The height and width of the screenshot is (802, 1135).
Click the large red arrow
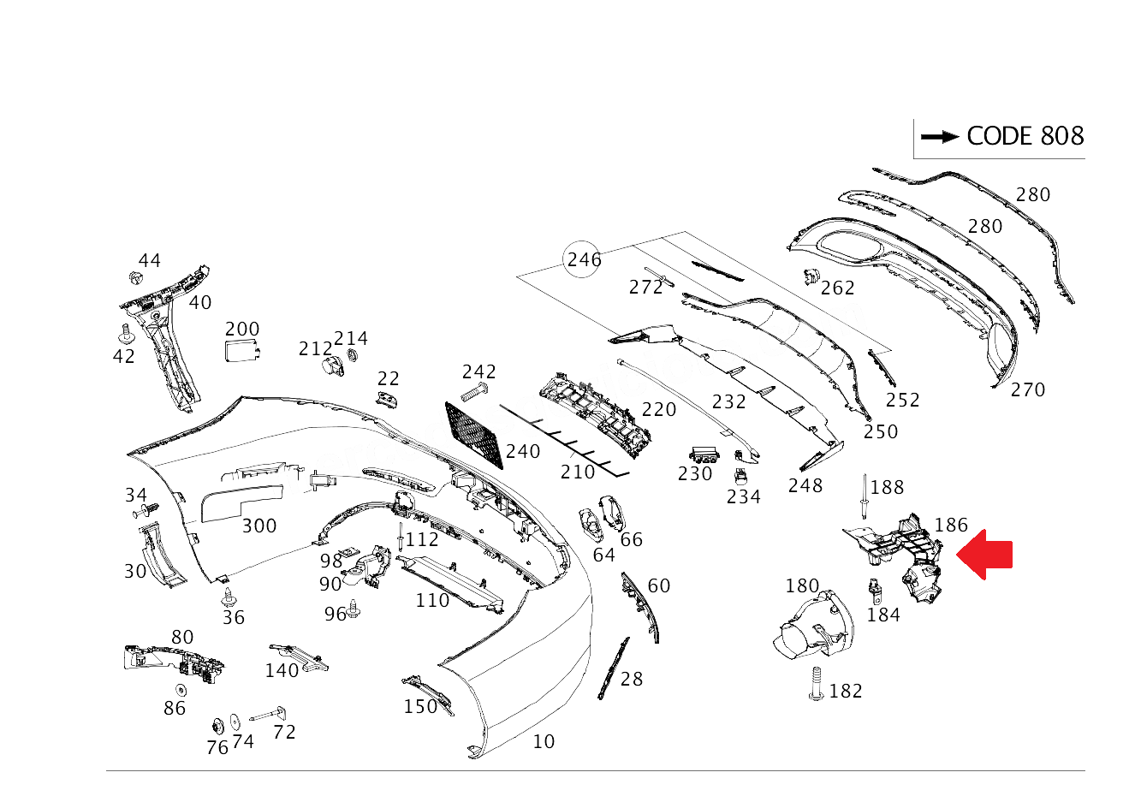pyautogui.click(x=986, y=554)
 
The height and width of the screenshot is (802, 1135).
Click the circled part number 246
pyautogui.click(x=584, y=259)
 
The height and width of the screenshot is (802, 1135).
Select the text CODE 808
pyautogui.click(x=1025, y=136)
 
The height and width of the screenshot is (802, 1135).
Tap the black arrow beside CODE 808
pyautogui.click(x=939, y=136)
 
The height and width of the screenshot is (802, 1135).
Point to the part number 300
pyautogui.click(x=258, y=526)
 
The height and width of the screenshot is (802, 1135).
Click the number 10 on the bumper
pyautogui.click(x=544, y=741)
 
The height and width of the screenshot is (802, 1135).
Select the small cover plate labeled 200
pyautogui.click(x=241, y=351)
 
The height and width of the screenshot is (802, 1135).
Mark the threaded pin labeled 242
pyautogui.click(x=473, y=394)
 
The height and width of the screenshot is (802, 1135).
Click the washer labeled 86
pyautogui.click(x=181, y=689)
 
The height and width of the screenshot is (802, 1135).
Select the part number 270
pyautogui.click(x=1027, y=390)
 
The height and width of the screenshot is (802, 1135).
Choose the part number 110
pyautogui.click(x=432, y=601)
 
